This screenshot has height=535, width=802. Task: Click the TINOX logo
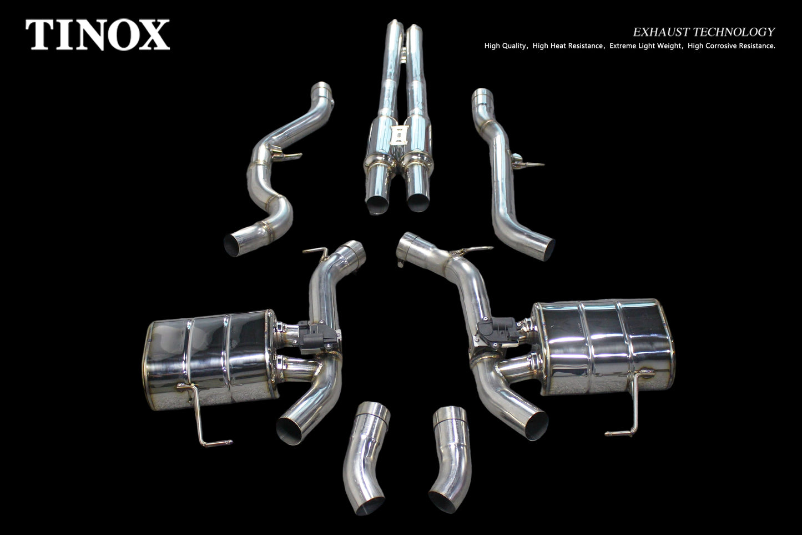[x=97, y=34]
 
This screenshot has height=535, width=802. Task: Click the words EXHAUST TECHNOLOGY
[x=704, y=32]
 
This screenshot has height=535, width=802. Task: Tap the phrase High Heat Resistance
[x=567, y=46]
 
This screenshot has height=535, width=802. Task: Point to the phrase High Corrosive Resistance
[x=731, y=46]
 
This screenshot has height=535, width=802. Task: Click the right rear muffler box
[x=603, y=347]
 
